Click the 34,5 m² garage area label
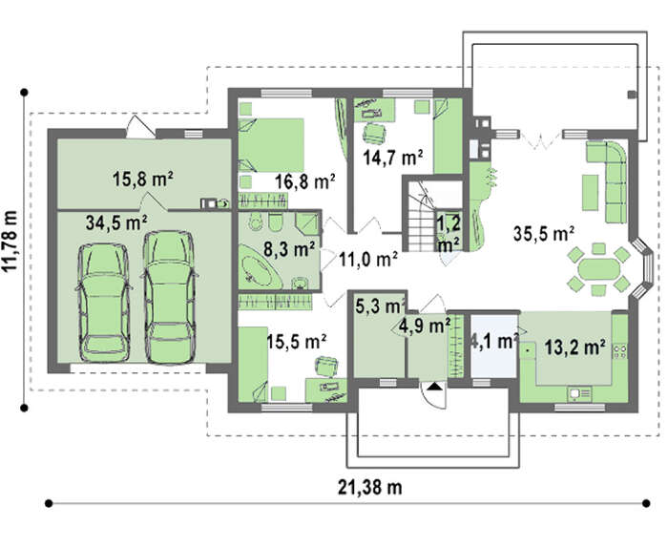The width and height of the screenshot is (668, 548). click(116, 222)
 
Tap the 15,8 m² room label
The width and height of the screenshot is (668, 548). click(143, 179)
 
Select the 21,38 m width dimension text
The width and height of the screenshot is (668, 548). click(370, 487)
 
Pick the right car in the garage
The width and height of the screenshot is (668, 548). click(170, 298)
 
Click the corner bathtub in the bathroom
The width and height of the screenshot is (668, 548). click(261, 266)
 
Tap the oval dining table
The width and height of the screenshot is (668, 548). click(599, 269)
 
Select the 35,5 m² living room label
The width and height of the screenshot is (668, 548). click(544, 234)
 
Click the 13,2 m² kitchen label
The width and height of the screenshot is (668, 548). click(575, 348)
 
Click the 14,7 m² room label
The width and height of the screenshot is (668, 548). click(393, 158)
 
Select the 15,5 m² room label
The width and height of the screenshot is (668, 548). click(297, 342)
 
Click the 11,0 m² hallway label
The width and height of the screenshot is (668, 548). click(368, 259)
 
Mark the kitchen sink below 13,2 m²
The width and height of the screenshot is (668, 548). click(579, 393)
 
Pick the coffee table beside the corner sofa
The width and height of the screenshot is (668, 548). click(590, 192)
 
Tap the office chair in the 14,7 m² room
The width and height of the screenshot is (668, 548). click(375, 133)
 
